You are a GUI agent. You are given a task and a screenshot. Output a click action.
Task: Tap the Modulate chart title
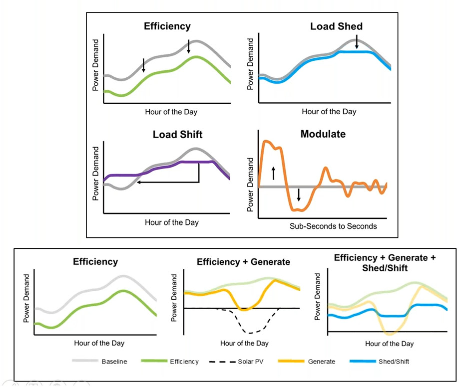pyautogui.click(x=323, y=134)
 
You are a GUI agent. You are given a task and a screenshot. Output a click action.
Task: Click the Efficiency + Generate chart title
pyautogui.click(x=243, y=262)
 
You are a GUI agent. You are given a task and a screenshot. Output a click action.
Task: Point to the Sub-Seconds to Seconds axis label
pyautogui.click(x=333, y=226)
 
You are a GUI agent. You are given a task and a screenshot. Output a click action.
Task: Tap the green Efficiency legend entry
pyautogui.click(x=184, y=362)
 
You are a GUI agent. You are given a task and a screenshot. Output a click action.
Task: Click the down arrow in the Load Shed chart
pyautogui.click(x=357, y=43)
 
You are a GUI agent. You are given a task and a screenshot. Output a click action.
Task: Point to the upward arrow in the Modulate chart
pyautogui.click(x=273, y=173)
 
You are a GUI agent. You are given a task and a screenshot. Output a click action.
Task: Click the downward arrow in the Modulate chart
pyautogui.click(x=299, y=194)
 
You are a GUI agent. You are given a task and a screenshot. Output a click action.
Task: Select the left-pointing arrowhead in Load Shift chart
pyautogui.click(x=139, y=183)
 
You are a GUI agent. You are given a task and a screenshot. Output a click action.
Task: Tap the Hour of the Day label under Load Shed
pyautogui.click(x=329, y=112)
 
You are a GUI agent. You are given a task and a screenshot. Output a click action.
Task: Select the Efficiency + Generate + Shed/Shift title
pyautogui.click(x=384, y=262)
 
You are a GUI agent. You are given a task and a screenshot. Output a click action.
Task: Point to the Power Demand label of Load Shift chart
pyautogui.click(x=96, y=173)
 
